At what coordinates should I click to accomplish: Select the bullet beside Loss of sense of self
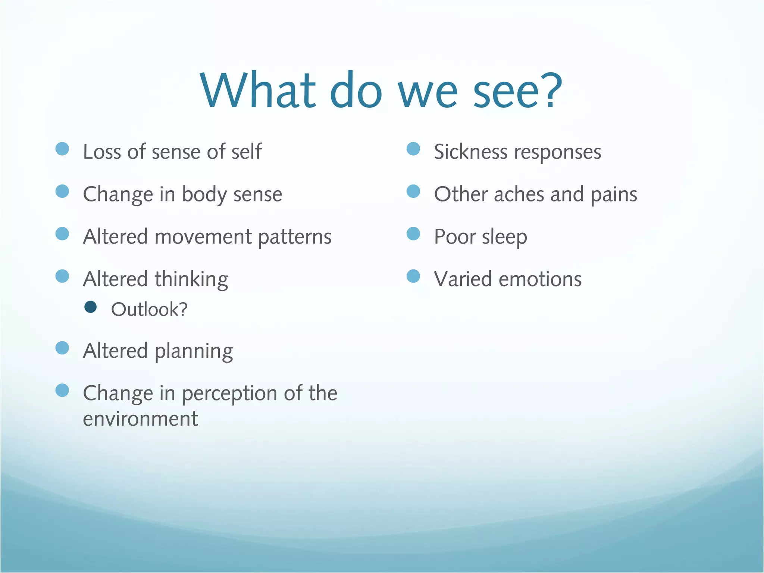[x=62, y=149]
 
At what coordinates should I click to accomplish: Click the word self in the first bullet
[x=246, y=152]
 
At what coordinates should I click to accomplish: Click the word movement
[x=203, y=237]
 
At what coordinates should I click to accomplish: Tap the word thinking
[x=191, y=280]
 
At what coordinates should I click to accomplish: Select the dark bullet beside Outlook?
[x=91, y=307]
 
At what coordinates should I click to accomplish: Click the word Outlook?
[x=149, y=310]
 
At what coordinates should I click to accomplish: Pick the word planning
[x=194, y=351]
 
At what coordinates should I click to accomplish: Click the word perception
[x=229, y=394]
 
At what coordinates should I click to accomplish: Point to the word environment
[x=140, y=419]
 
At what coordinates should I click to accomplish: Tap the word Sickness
[x=470, y=152]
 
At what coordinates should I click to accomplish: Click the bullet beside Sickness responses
[x=413, y=149]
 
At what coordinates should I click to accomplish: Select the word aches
[x=519, y=194]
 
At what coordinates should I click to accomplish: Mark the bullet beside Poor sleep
[x=413, y=234]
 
